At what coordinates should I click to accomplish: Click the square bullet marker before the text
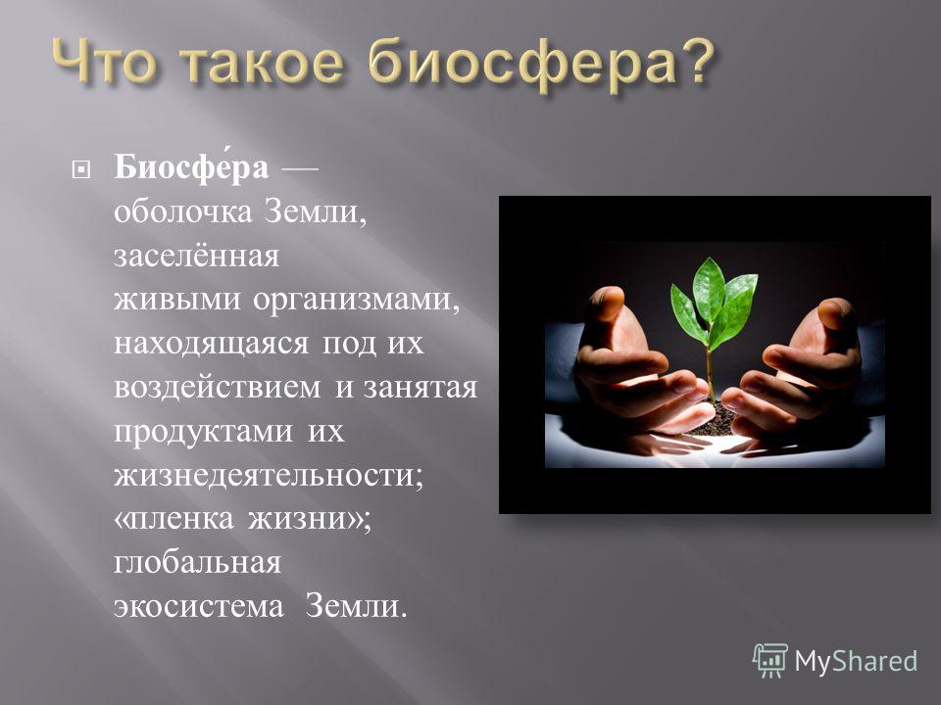click(x=80, y=170)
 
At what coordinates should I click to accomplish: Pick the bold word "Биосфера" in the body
click(x=191, y=166)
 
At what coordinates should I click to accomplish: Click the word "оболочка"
click(x=183, y=211)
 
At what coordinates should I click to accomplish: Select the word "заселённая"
click(x=196, y=256)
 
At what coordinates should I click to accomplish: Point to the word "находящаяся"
click(x=212, y=344)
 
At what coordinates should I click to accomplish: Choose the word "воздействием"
click(x=218, y=387)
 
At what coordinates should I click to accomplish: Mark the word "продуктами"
click(x=204, y=432)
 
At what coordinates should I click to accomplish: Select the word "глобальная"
click(x=197, y=562)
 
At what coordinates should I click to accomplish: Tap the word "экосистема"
click(x=199, y=606)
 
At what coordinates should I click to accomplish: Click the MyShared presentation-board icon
click(x=770, y=661)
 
